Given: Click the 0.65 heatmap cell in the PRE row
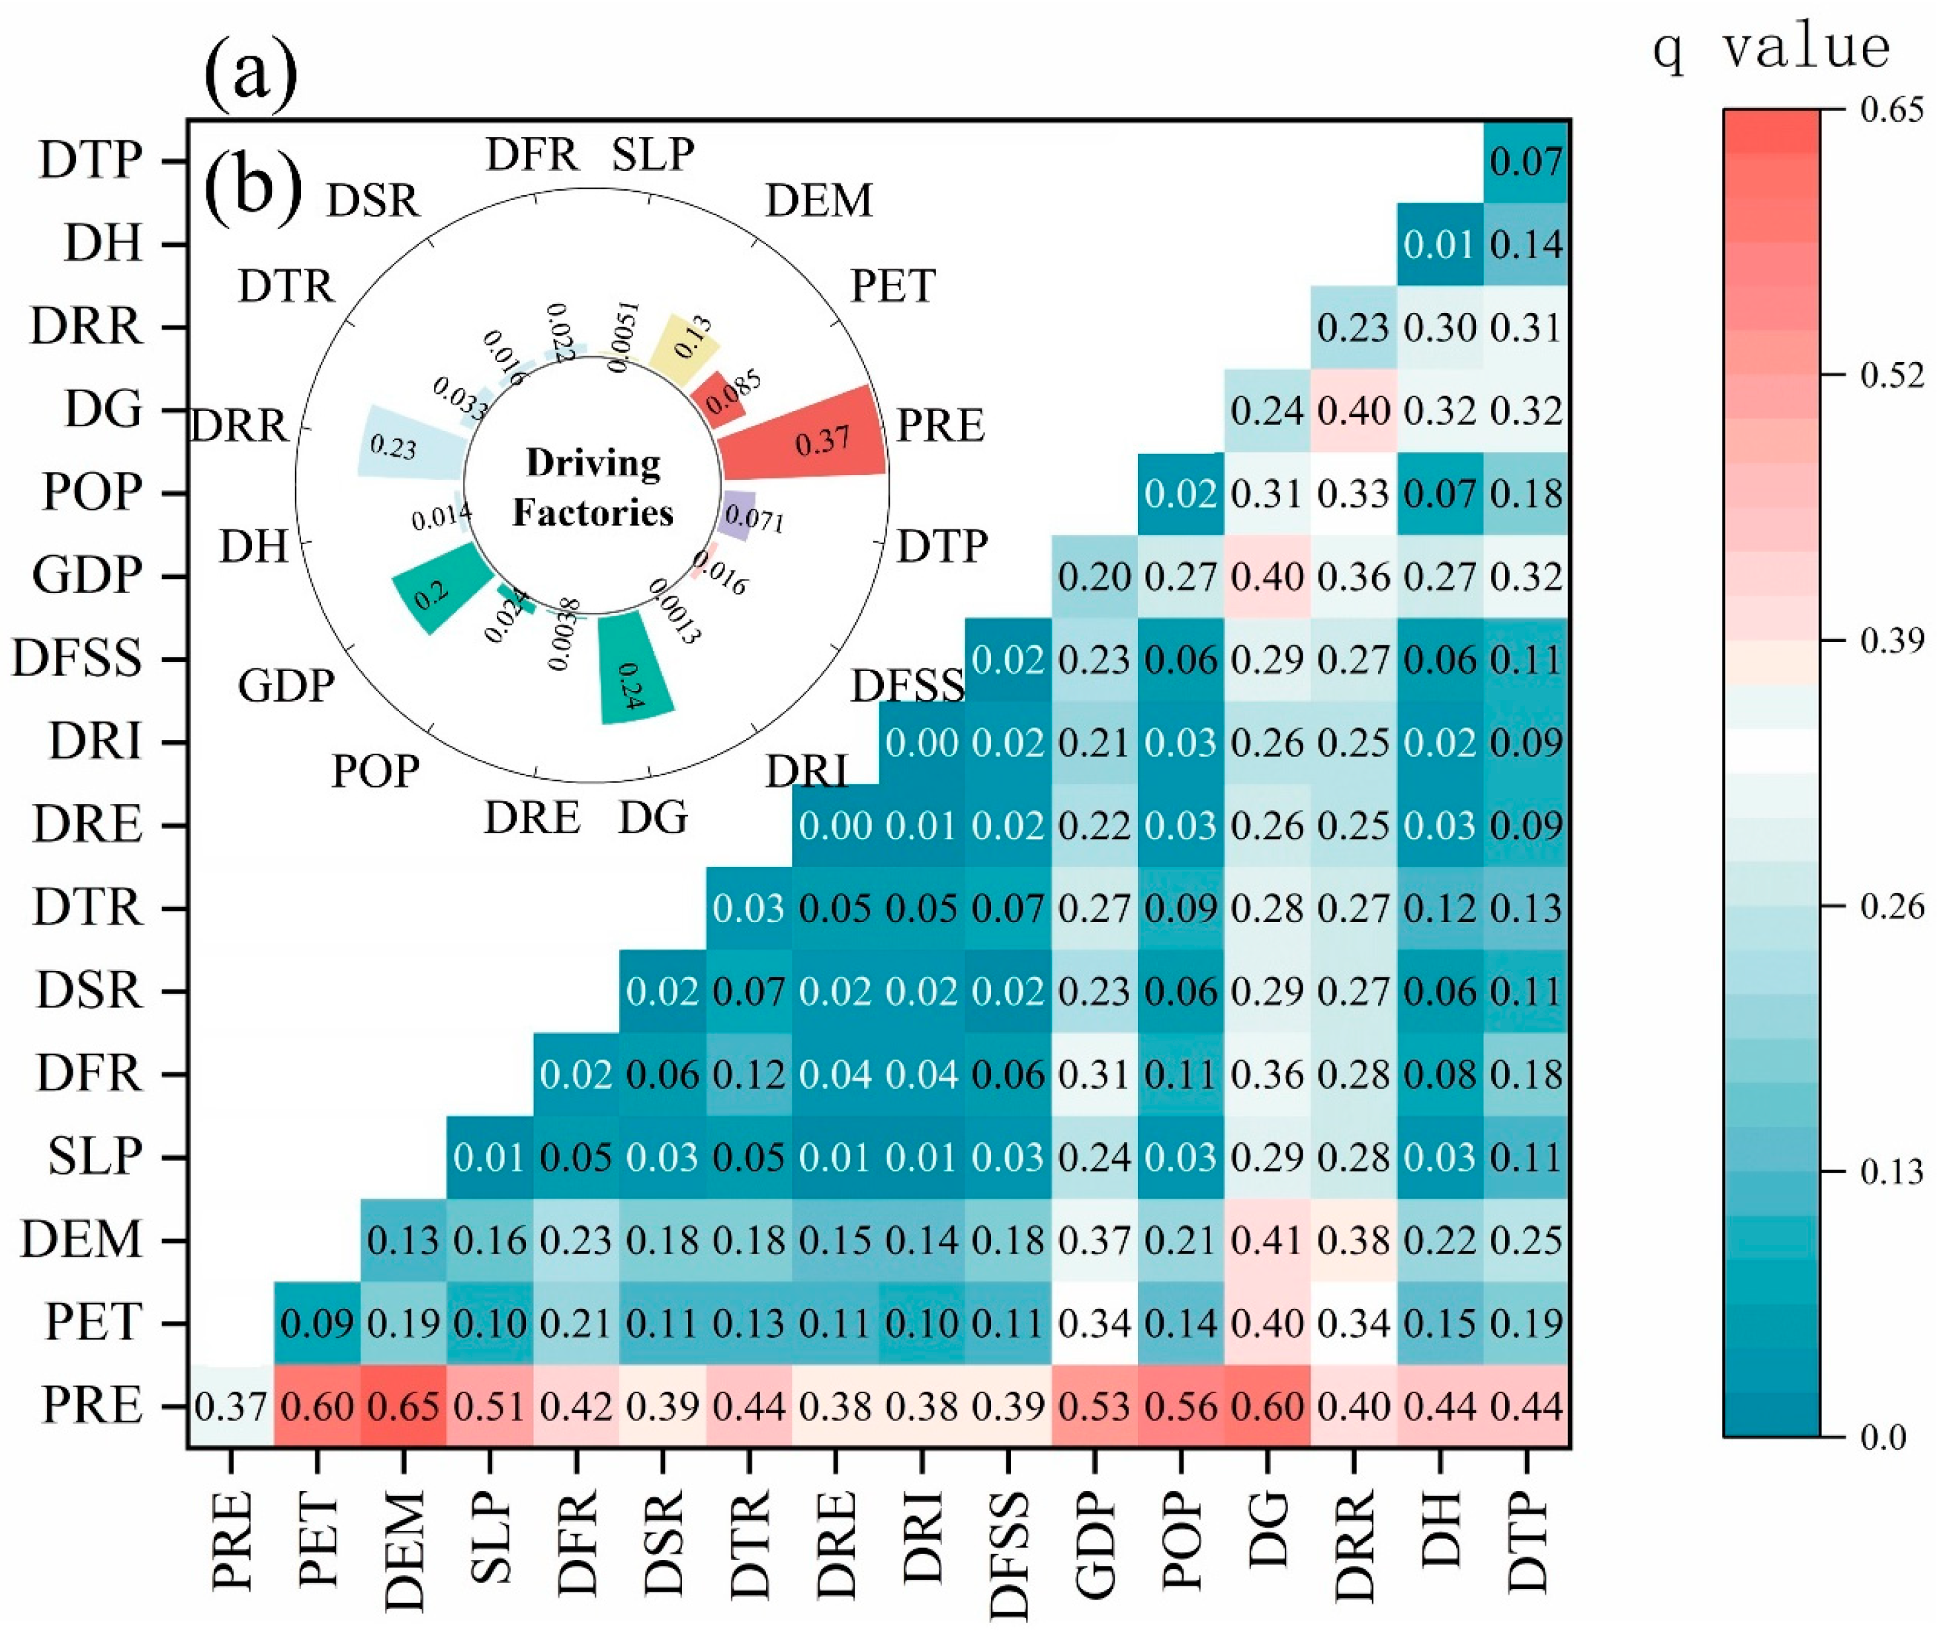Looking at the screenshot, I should (403, 1406).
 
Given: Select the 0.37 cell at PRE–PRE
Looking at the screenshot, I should (231, 1406).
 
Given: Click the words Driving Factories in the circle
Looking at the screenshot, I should (593, 487).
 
